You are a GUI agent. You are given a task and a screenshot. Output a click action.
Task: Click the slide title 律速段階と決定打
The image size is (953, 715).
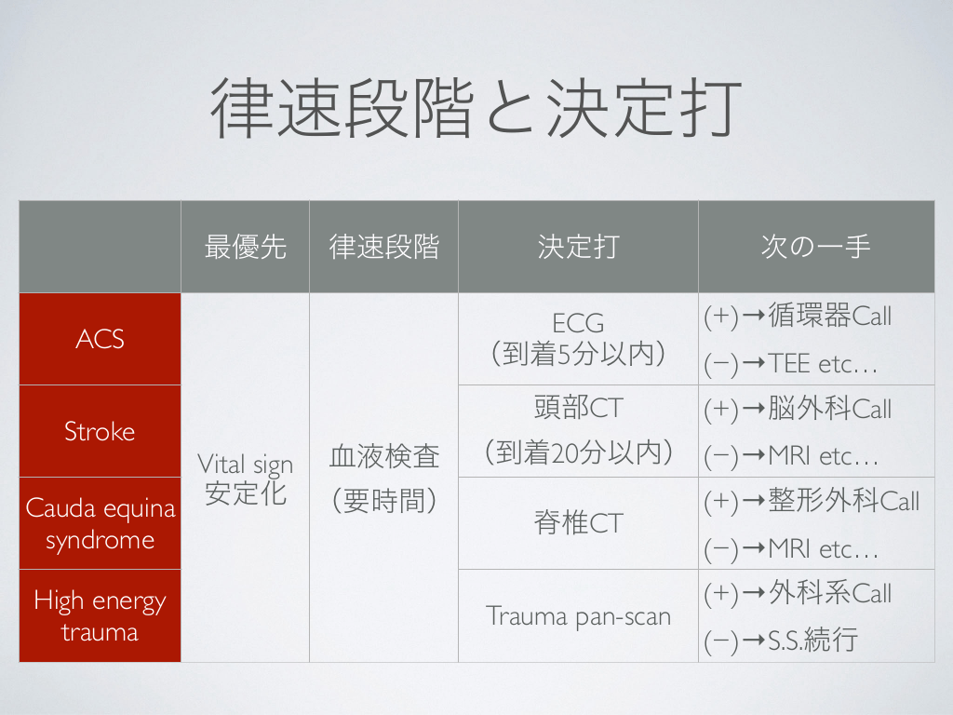[x=476, y=108]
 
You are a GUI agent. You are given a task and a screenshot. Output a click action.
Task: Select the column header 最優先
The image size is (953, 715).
[x=245, y=247]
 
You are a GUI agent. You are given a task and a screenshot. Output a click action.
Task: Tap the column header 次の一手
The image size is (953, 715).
[x=815, y=247]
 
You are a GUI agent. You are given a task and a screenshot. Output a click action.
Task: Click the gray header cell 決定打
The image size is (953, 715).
[x=578, y=247]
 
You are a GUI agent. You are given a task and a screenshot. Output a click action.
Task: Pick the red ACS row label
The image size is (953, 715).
[x=101, y=339]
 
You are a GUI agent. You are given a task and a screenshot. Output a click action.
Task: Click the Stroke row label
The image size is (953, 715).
[x=101, y=431]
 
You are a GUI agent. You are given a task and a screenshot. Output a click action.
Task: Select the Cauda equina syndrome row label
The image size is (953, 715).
[x=101, y=523]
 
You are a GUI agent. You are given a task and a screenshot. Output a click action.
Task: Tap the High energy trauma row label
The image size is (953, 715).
[x=101, y=616]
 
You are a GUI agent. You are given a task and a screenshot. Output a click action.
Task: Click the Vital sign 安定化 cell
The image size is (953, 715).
[x=245, y=478]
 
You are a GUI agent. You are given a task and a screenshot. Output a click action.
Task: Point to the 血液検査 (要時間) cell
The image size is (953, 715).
[x=383, y=478]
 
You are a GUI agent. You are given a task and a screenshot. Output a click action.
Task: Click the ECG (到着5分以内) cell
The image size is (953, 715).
[x=578, y=339]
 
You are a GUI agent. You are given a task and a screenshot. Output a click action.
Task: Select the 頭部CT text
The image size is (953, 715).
[x=579, y=408]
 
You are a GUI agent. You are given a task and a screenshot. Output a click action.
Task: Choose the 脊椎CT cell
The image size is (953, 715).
[x=578, y=523]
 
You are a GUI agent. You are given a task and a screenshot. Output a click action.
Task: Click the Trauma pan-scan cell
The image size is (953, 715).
[x=578, y=616]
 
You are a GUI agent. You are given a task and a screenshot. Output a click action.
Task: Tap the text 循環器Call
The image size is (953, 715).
[x=829, y=316]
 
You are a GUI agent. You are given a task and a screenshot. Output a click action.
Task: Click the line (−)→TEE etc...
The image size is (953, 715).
[x=791, y=364]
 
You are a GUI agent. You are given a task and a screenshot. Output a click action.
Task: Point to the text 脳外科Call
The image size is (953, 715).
[x=829, y=408]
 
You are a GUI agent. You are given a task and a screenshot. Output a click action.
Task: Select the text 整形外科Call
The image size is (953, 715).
[x=843, y=500]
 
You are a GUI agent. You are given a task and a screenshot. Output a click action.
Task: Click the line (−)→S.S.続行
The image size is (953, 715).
[x=781, y=641]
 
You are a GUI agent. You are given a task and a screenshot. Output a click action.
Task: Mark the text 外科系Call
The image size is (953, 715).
[x=829, y=593]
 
